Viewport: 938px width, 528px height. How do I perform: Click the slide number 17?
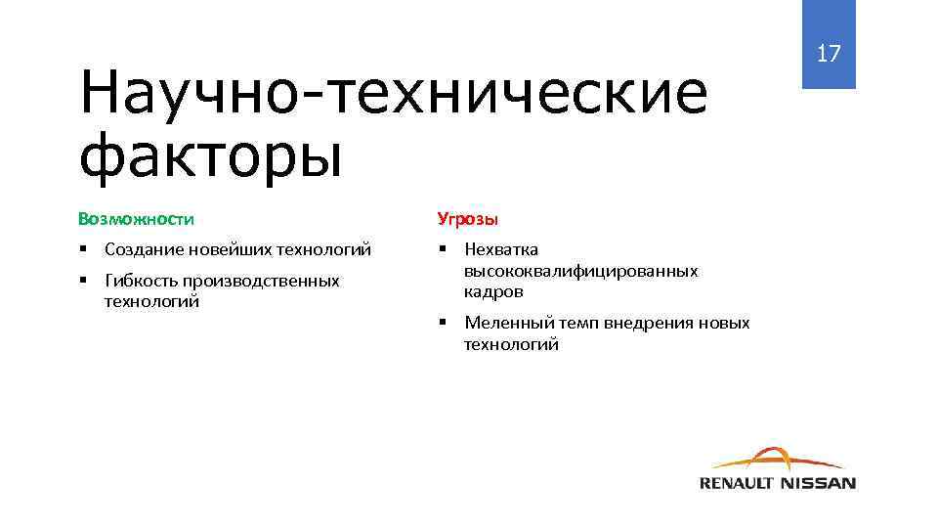click(x=829, y=54)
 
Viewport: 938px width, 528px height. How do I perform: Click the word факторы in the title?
click(x=211, y=155)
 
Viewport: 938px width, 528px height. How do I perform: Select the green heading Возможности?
click(x=136, y=218)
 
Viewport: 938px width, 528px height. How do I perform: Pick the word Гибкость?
click(x=140, y=281)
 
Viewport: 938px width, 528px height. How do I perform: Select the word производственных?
click(x=261, y=281)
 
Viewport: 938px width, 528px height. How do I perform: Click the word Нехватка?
click(x=501, y=249)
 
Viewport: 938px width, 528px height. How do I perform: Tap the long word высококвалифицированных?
click(x=580, y=271)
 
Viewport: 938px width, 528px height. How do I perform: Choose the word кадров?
click(x=493, y=291)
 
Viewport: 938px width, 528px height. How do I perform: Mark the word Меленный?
click(x=508, y=323)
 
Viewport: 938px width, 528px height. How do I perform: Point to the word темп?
click(x=578, y=323)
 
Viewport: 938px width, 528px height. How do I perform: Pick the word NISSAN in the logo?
click(x=819, y=482)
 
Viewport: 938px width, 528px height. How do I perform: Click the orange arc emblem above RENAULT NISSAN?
click(x=777, y=459)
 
